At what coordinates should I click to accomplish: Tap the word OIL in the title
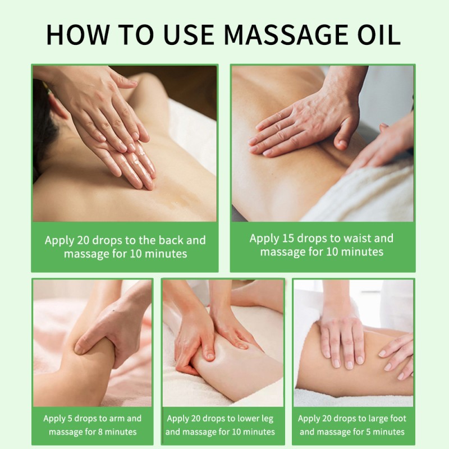click(378, 34)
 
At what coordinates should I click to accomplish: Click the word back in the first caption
click(168, 240)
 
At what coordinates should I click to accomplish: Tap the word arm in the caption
click(117, 418)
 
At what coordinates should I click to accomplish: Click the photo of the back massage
click(125, 143)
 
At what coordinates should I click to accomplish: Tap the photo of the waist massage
click(322, 143)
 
